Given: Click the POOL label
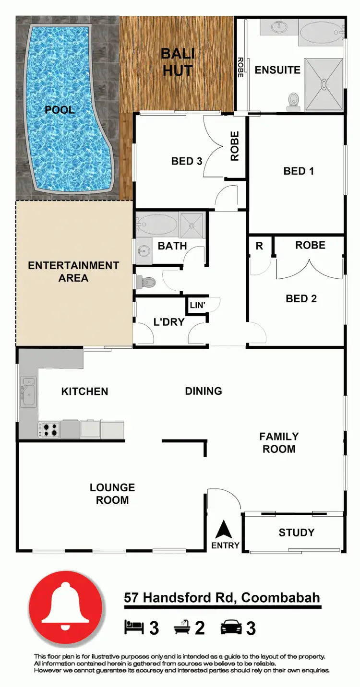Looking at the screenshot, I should tap(60, 110).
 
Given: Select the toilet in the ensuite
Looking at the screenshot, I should tap(292, 99).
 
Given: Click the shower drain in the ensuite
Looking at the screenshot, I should tap(324, 84).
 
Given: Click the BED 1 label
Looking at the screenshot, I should tap(299, 171).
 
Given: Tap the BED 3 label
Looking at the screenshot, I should tap(187, 161).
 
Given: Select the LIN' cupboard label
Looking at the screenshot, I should tap(197, 305).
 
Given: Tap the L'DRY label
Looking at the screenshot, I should tap(169, 322).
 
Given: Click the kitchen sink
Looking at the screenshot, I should tap(28, 390).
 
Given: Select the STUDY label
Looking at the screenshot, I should tap(297, 533).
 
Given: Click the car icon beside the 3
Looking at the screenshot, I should tap(231, 627).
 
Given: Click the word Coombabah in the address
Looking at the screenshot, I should tap(280, 598).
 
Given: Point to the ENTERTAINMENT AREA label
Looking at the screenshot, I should tap(73, 272).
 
